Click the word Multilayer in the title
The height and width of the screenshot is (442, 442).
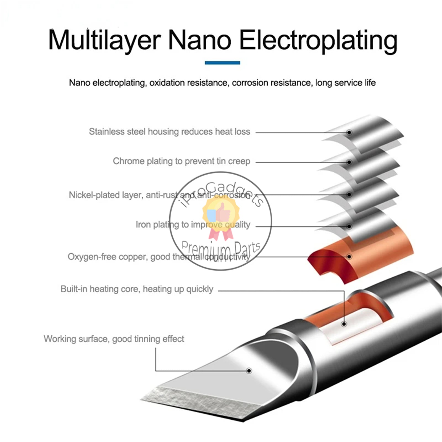(104, 40)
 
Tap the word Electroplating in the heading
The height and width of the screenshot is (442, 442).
(318, 40)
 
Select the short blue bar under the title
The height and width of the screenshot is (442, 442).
(222, 63)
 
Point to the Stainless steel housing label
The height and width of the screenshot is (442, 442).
(169, 131)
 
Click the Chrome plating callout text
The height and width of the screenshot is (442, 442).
(181, 161)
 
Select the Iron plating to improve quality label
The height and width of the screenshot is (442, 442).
(193, 225)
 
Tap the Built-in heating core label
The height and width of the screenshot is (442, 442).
(137, 289)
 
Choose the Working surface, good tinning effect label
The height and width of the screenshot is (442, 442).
(114, 339)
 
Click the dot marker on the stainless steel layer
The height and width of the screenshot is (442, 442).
(349, 133)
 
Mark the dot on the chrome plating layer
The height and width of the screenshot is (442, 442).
(349, 162)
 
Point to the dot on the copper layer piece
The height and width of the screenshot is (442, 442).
(349, 257)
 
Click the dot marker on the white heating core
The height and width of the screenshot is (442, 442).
(344, 324)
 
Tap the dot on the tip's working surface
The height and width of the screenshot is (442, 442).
(249, 371)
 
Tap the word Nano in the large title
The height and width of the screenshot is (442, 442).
(199, 40)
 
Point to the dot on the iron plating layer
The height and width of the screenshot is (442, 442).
(349, 227)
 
